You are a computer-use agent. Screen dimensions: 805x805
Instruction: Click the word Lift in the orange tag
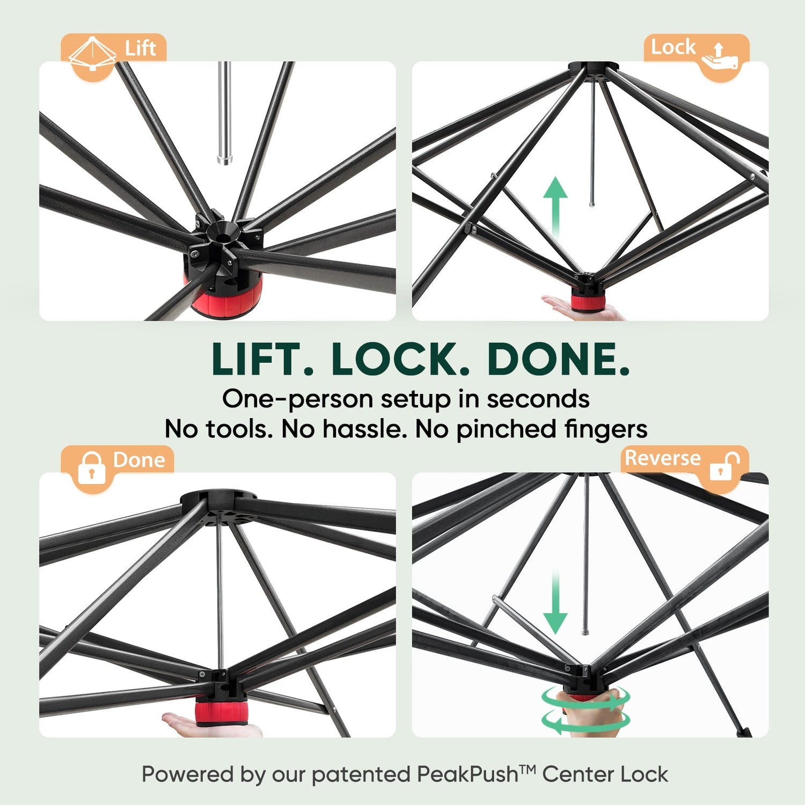[x=140, y=48]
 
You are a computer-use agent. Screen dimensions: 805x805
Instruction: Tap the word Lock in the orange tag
[x=673, y=47]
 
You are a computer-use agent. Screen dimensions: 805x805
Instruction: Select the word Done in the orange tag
[x=139, y=460]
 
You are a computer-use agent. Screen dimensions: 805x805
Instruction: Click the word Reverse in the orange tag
[x=663, y=458]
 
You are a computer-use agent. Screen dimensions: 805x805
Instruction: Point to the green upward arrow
[x=555, y=209]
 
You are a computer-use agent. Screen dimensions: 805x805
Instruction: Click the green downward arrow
[x=555, y=601]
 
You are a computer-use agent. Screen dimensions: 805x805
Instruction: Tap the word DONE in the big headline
[x=558, y=359]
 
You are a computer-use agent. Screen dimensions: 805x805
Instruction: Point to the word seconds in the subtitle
[x=538, y=399]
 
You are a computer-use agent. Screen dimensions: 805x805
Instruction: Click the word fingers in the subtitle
[x=605, y=429]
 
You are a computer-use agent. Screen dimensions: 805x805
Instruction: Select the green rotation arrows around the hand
[x=585, y=711]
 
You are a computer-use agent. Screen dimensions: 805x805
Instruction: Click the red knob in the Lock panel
[x=588, y=302]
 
